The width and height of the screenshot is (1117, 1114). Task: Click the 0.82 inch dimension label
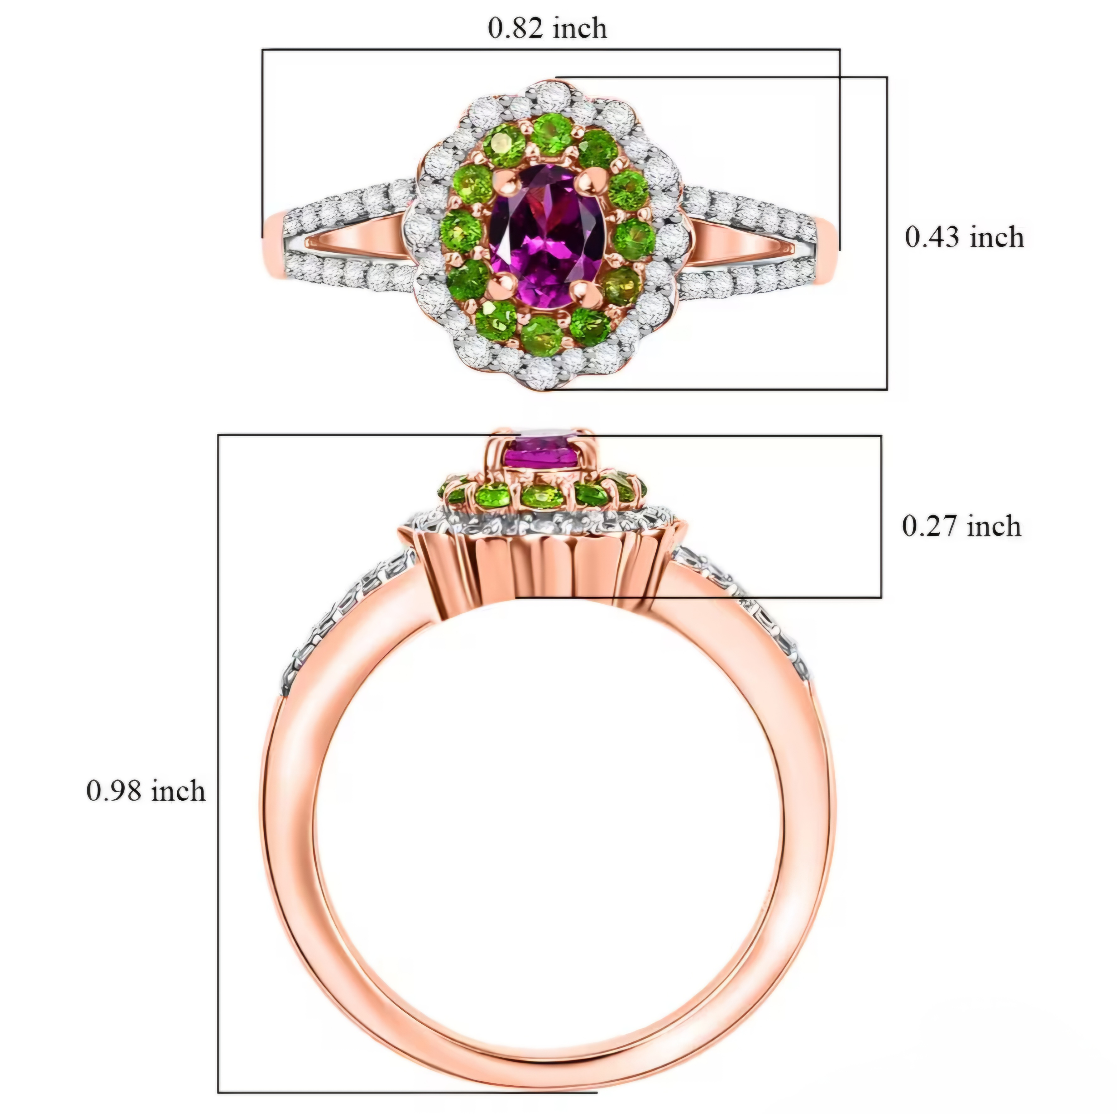tap(548, 28)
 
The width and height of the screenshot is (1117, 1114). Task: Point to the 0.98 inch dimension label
tap(146, 790)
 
